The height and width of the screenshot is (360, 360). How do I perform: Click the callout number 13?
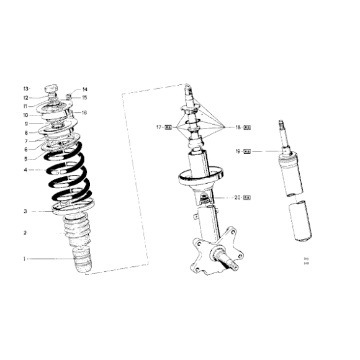point(26,89)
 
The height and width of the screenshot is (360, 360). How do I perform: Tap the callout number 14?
point(85,89)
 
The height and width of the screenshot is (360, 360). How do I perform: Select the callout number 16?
point(84,112)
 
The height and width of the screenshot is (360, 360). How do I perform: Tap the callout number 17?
point(159,127)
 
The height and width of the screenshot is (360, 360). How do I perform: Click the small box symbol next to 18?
point(246,127)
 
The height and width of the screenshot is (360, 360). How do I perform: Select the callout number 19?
point(238,151)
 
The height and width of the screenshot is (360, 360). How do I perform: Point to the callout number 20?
point(238,198)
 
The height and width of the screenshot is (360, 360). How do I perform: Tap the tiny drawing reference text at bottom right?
point(306,260)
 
